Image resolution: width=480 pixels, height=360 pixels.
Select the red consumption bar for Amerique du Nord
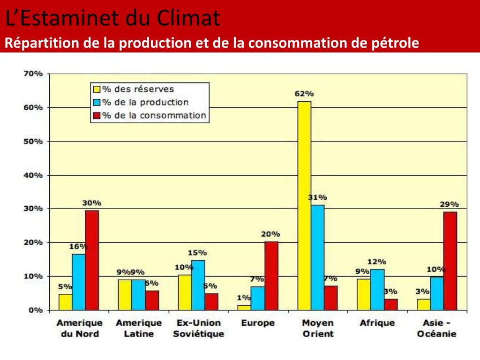[x=92, y=260]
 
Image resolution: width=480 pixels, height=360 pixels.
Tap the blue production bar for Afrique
[x=377, y=289]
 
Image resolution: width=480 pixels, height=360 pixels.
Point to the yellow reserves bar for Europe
[x=244, y=307]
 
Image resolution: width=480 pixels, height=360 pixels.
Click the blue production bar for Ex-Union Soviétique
[x=198, y=285]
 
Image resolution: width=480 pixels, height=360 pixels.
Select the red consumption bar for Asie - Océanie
[x=450, y=261]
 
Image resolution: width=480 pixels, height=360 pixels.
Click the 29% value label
[x=449, y=204]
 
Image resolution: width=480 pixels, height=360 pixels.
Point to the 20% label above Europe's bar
[x=270, y=234]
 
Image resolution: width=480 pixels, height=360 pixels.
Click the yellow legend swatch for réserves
[x=97, y=89]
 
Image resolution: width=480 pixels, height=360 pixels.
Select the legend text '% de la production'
[x=145, y=102]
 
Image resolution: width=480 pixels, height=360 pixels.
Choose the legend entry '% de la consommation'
[x=154, y=115]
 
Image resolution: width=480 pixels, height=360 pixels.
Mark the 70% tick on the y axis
[x=33, y=74]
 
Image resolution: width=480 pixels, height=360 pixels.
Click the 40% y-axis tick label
[x=33, y=175]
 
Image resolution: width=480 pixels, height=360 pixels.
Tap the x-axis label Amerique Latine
[x=139, y=328]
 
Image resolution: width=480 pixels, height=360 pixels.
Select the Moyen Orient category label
[x=318, y=328]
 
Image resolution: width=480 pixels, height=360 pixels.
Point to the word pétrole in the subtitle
[x=397, y=43]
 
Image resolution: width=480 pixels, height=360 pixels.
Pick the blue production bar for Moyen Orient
[x=317, y=257]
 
